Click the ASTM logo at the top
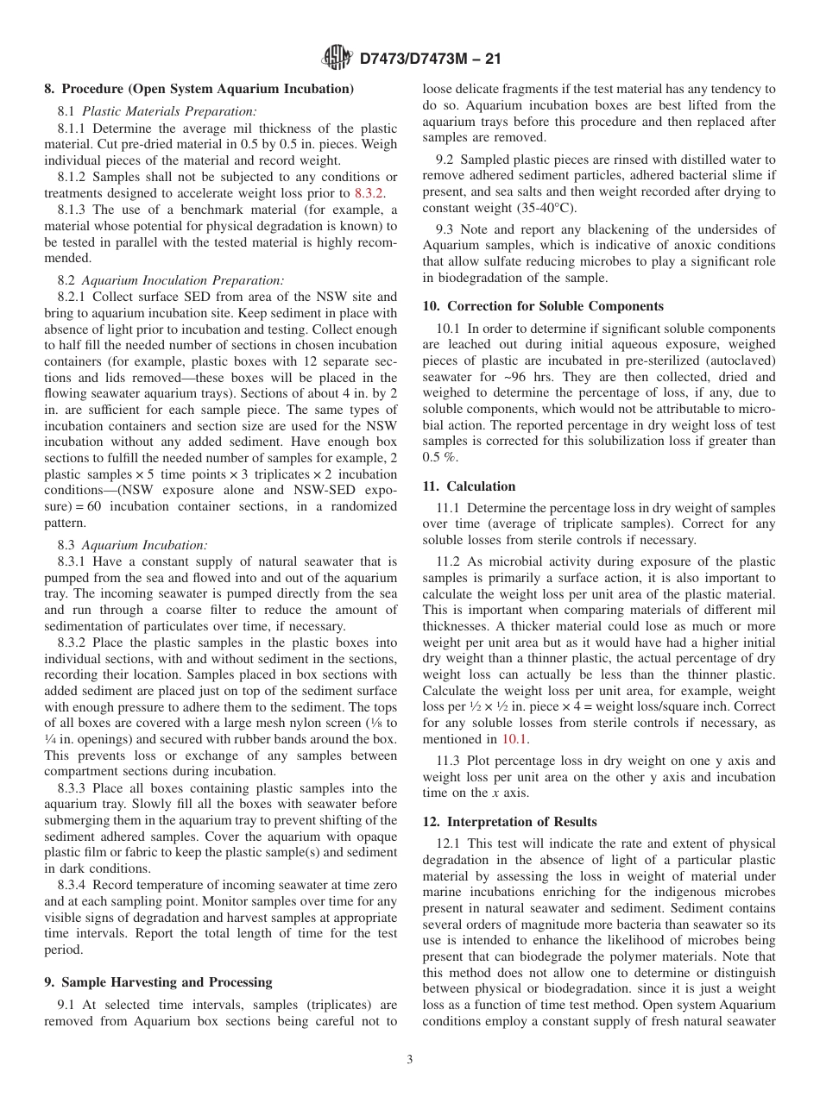pos(337,59)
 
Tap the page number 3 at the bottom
pos(410,1060)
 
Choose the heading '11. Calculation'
pos(469,486)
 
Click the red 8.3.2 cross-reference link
pos(370,193)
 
